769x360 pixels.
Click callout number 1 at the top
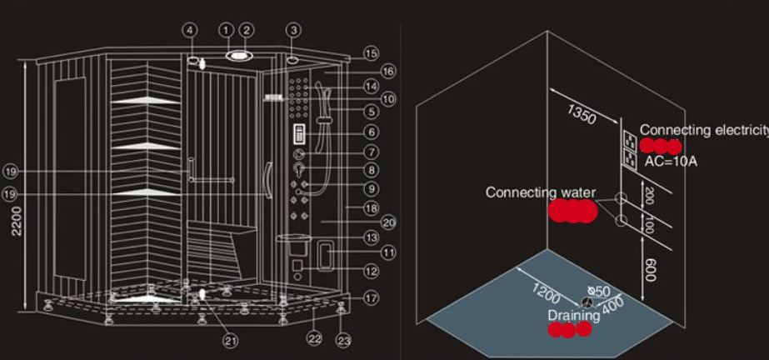point(226,30)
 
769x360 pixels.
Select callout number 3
point(293,30)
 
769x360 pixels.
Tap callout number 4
point(191,31)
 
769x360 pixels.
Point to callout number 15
point(371,52)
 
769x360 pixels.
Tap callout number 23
point(344,339)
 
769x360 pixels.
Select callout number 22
point(313,337)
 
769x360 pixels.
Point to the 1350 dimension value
point(582,115)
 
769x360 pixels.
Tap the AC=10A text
point(672,161)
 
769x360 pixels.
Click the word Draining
point(573,315)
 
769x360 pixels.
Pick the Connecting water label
point(541,192)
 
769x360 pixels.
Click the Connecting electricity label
point(704,130)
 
